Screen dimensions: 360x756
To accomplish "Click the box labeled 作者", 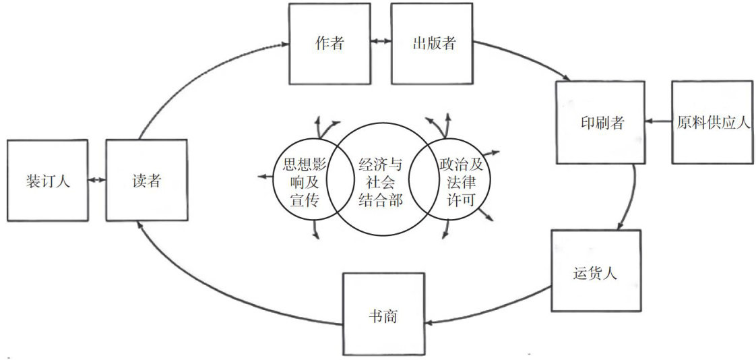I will coord(329,44).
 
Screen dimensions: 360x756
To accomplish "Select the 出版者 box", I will coord(433,44).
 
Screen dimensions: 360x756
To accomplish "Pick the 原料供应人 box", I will coord(712,122).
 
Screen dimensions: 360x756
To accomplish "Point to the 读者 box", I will coord(146,180).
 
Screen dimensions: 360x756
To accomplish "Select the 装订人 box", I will coord(47,180).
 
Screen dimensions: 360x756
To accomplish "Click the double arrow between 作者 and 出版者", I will coord(380,42).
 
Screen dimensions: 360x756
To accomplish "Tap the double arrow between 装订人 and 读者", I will coord(97,181).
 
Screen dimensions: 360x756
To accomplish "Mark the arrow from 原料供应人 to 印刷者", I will coord(658,122).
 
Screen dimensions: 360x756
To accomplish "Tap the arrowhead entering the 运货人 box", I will coord(623,225).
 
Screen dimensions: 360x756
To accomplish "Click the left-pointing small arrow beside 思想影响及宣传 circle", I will coord(263,177).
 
